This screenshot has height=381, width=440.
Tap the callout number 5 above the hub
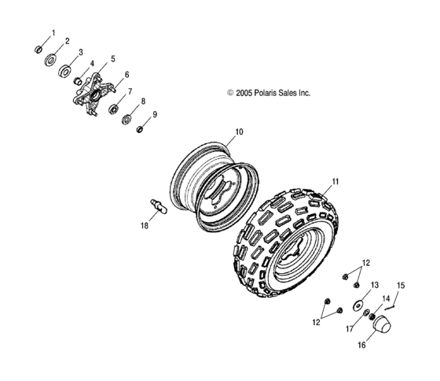point(112,59)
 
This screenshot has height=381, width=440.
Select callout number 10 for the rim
point(239,131)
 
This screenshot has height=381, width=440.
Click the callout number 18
point(143,225)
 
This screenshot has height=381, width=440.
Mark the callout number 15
point(400,284)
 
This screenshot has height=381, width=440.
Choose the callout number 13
point(375,284)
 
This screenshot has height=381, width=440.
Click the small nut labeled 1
point(38,49)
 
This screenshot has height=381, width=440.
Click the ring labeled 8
point(126,118)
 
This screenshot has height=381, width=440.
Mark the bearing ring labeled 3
point(66,71)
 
